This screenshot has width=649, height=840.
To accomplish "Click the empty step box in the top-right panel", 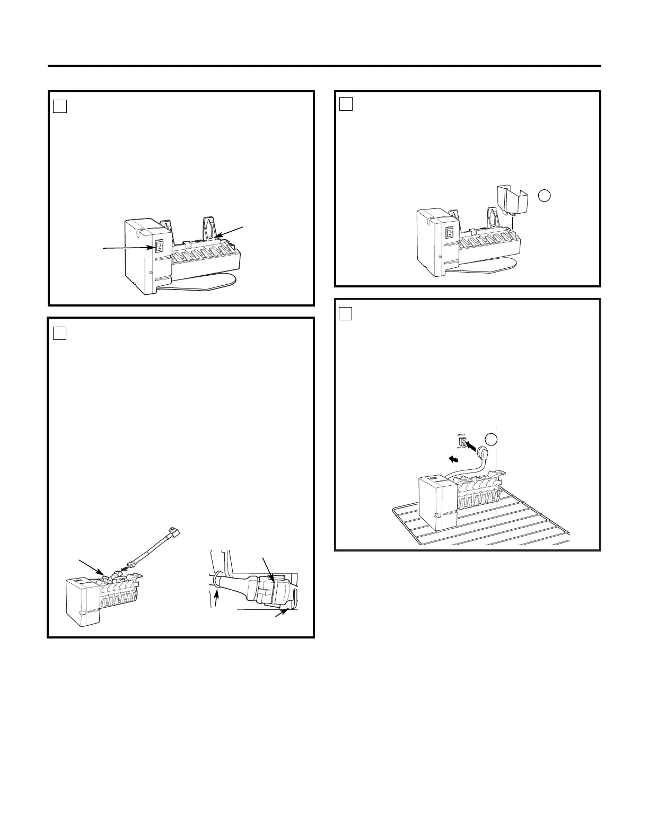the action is (x=346, y=104).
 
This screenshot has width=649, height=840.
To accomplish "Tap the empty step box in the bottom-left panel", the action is (x=60, y=333).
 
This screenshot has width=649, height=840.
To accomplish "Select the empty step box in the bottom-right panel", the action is (x=346, y=314).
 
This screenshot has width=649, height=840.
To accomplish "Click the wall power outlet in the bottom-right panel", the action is (x=461, y=442).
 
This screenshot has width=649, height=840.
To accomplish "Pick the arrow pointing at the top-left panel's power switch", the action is (x=127, y=248).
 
